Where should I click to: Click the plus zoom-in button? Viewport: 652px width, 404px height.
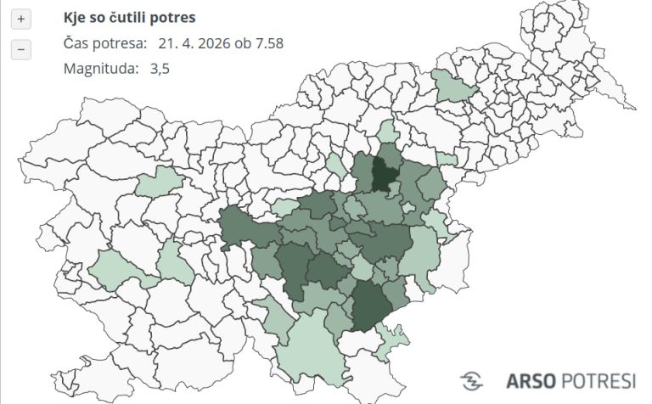pos(21,19)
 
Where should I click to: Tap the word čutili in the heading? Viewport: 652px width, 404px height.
pos(129,18)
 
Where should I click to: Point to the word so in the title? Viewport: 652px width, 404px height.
pos(99,18)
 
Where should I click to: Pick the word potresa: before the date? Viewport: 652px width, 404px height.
pos(118,43)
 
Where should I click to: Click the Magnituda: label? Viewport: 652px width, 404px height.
pos(100,69)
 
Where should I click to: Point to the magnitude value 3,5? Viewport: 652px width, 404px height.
pos(159,69)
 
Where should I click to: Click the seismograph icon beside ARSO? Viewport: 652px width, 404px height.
pos(472,381)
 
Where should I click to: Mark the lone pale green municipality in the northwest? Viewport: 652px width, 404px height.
pos(160,181)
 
